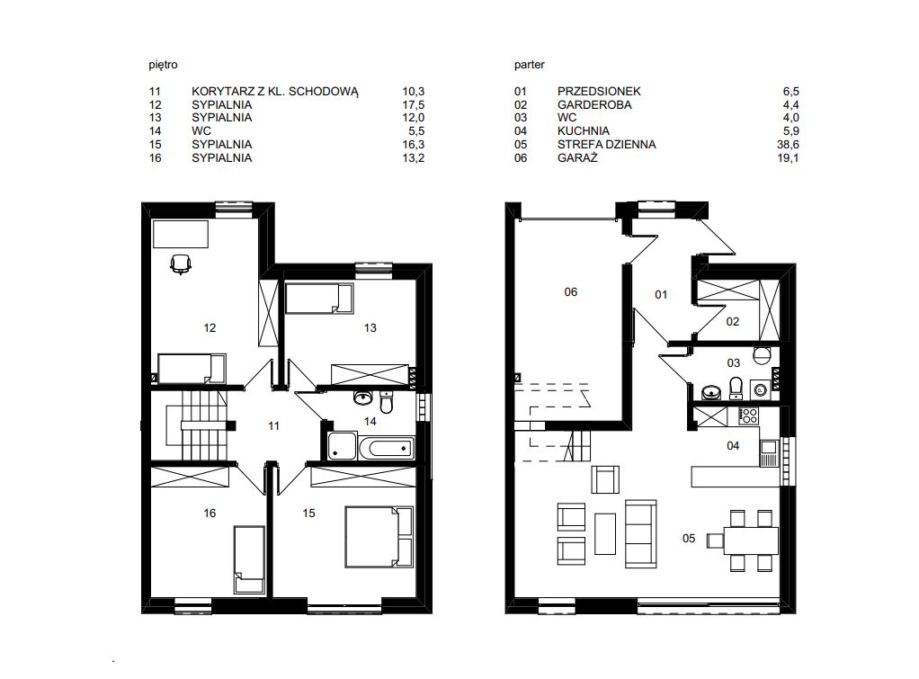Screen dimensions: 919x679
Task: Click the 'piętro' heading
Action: point(163,65)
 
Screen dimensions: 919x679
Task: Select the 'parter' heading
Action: point(530,65)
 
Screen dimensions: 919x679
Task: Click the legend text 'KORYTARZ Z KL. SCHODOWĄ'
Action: point(275,92)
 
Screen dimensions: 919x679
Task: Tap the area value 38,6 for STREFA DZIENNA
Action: point(788,144)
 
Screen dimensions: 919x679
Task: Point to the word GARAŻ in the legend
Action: point(577,157)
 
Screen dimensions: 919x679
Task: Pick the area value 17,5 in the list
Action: point(414,105)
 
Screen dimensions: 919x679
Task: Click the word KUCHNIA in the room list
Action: point(584,130)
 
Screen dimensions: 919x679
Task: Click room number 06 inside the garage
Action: point(570,292)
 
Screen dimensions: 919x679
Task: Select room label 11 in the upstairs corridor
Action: point(273,426)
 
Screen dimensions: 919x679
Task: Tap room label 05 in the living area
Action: point(689,539)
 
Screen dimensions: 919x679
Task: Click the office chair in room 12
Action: point(181,264)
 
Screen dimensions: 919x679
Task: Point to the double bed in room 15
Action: point(379,537)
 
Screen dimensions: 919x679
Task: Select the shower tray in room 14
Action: point(342,446)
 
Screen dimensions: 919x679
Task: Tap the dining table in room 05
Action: point(751,541)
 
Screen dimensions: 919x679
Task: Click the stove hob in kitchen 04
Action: point(748,416)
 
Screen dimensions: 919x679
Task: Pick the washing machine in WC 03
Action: point(761,389)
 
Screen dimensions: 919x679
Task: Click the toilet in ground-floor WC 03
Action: point(736,387)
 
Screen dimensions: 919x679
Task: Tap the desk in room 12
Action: point(181,234)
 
